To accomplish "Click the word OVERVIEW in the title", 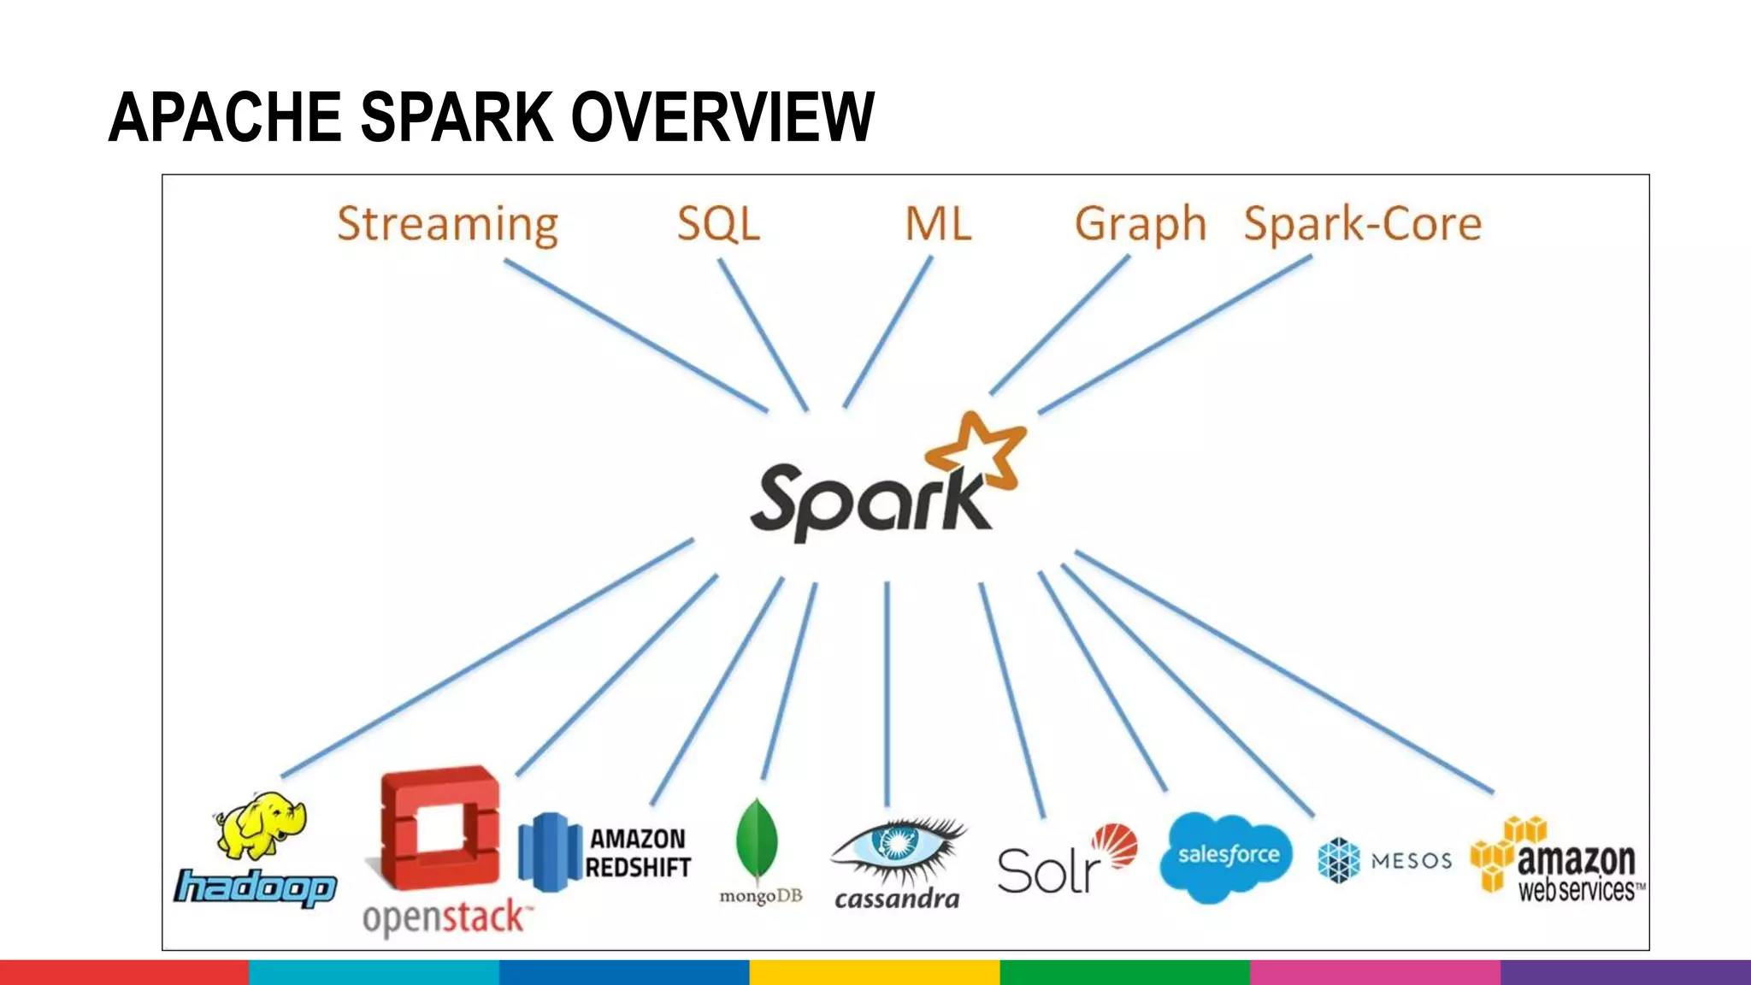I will tap(722, 117).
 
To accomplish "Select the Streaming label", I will tap(447, 224).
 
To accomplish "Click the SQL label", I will tap(718, 224).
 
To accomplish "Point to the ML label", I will tap(938, 224).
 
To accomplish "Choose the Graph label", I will tap(1140, 224).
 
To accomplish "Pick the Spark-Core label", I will tap(1362, 224).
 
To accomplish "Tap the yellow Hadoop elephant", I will tap(261, 825).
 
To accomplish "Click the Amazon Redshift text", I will tap(638, 852).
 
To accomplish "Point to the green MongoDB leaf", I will tap(757, 842).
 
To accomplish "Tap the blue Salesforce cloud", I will tap(1226, 856).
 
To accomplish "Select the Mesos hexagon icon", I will tap(1339, 859).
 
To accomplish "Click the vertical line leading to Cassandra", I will tap(887, 693).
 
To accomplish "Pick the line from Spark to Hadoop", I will tap(487, 658).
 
